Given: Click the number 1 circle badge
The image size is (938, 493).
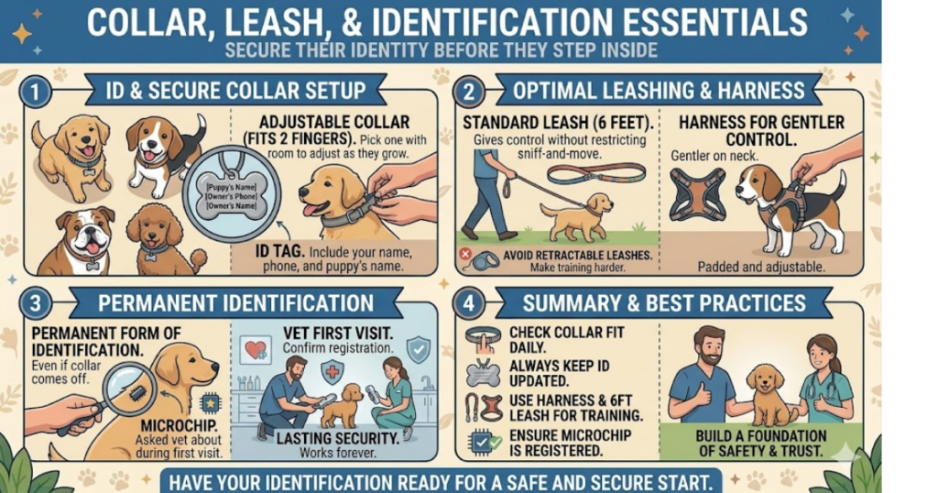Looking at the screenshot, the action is point(35,93).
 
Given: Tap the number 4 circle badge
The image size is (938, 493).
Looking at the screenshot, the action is point(468,303).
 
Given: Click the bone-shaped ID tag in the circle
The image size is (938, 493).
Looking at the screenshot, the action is point(232,196).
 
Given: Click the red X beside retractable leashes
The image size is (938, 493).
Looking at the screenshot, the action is point(465,254).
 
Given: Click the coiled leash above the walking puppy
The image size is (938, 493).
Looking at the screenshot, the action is point(595,175).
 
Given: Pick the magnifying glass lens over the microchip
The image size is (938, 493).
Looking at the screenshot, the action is point(128,391).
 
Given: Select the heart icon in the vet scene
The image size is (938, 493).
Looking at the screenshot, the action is point(256,349).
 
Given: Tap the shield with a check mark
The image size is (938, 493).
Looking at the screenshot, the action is point(418,349).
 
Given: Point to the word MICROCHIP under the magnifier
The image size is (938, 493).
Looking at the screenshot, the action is point(180,426).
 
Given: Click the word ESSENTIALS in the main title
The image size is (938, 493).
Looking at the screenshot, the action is point(708,22).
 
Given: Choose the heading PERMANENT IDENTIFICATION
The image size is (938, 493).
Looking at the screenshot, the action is point(235,303).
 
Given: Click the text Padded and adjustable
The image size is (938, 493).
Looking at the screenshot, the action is point(761,267).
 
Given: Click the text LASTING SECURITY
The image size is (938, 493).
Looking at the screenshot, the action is point(338,439).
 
